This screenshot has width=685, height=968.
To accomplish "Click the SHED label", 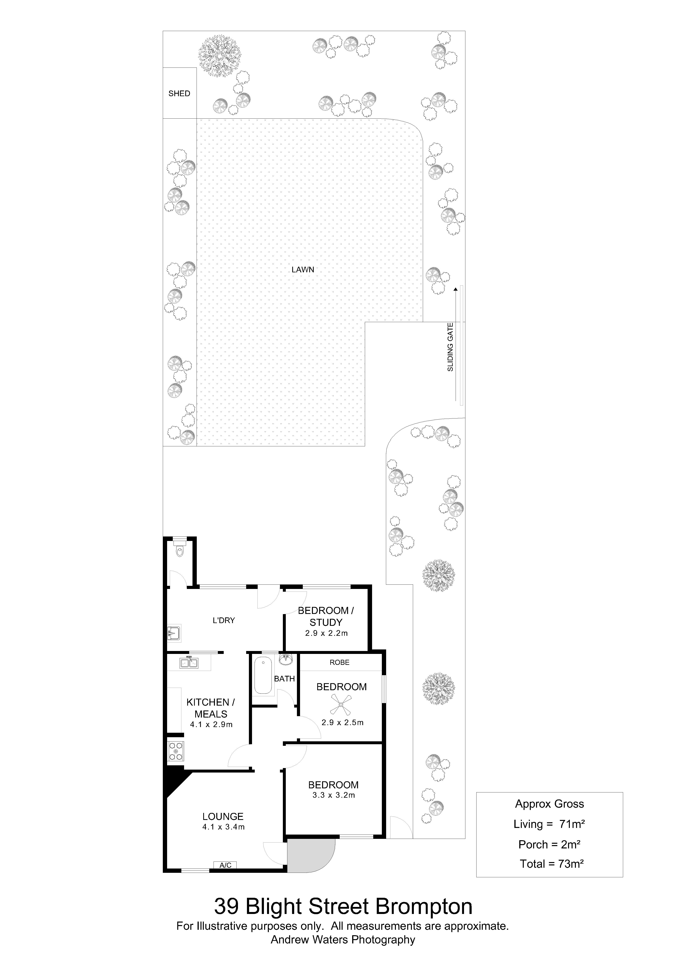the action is [x=179, y=94].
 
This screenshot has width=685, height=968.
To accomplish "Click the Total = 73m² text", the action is [x=552, y=864].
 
